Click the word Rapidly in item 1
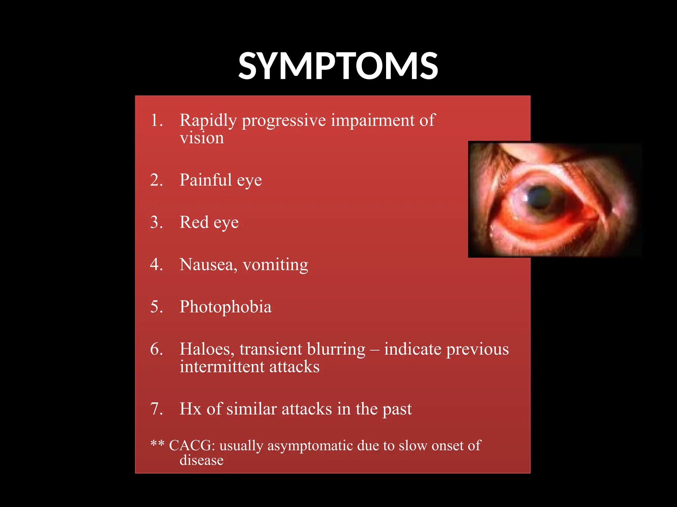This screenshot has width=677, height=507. (208, 120)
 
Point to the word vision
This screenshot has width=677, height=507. (202, 138)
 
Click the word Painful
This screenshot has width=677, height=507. (206, 180)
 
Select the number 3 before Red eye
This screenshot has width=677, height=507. (156, 222)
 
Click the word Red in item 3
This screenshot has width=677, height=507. (194, 222)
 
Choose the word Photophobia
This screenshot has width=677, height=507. (225, 307)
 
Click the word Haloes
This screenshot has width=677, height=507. (207, 349)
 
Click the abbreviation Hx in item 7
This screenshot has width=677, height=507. (190, 409)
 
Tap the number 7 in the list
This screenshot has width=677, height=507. (156, 409)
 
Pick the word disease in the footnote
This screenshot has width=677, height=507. (201, 460)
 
